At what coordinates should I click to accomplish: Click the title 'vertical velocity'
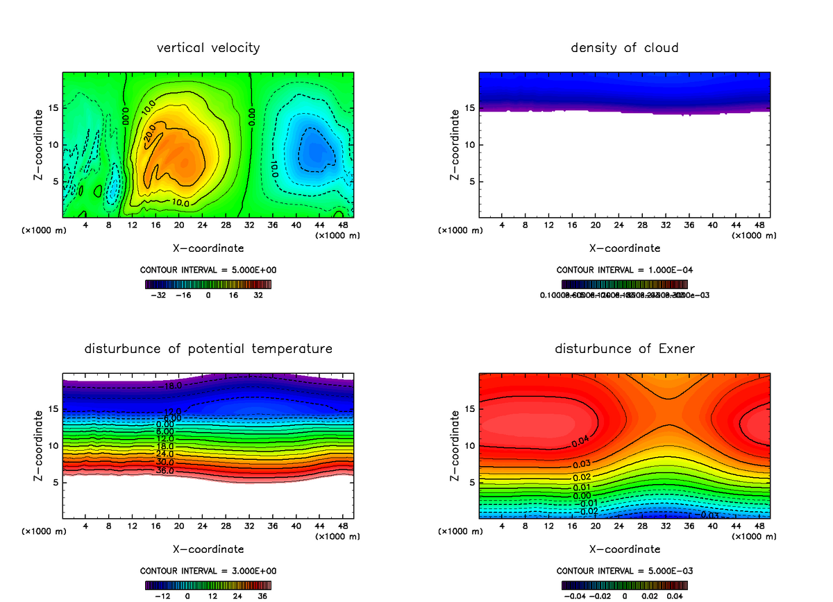tap(208, 48)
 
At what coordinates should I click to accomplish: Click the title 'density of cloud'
tap(625, 48)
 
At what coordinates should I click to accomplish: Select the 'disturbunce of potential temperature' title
tap(208, 348)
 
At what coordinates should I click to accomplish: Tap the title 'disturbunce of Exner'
tap(625, 348)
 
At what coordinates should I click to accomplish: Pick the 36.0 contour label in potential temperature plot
tap(165, 471)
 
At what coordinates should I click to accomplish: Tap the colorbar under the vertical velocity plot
tap(208, 284)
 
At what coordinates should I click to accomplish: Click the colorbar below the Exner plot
tap(625, 585)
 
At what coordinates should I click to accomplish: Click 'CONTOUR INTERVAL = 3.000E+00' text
tap(208, 571)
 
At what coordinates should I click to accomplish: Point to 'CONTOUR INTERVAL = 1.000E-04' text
tap(625, 270)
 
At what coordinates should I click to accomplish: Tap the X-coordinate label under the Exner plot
tap(625, 549)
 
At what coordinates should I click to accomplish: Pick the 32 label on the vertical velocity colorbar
tap(258, 295)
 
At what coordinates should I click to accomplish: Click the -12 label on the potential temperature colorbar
tap(162, 596)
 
